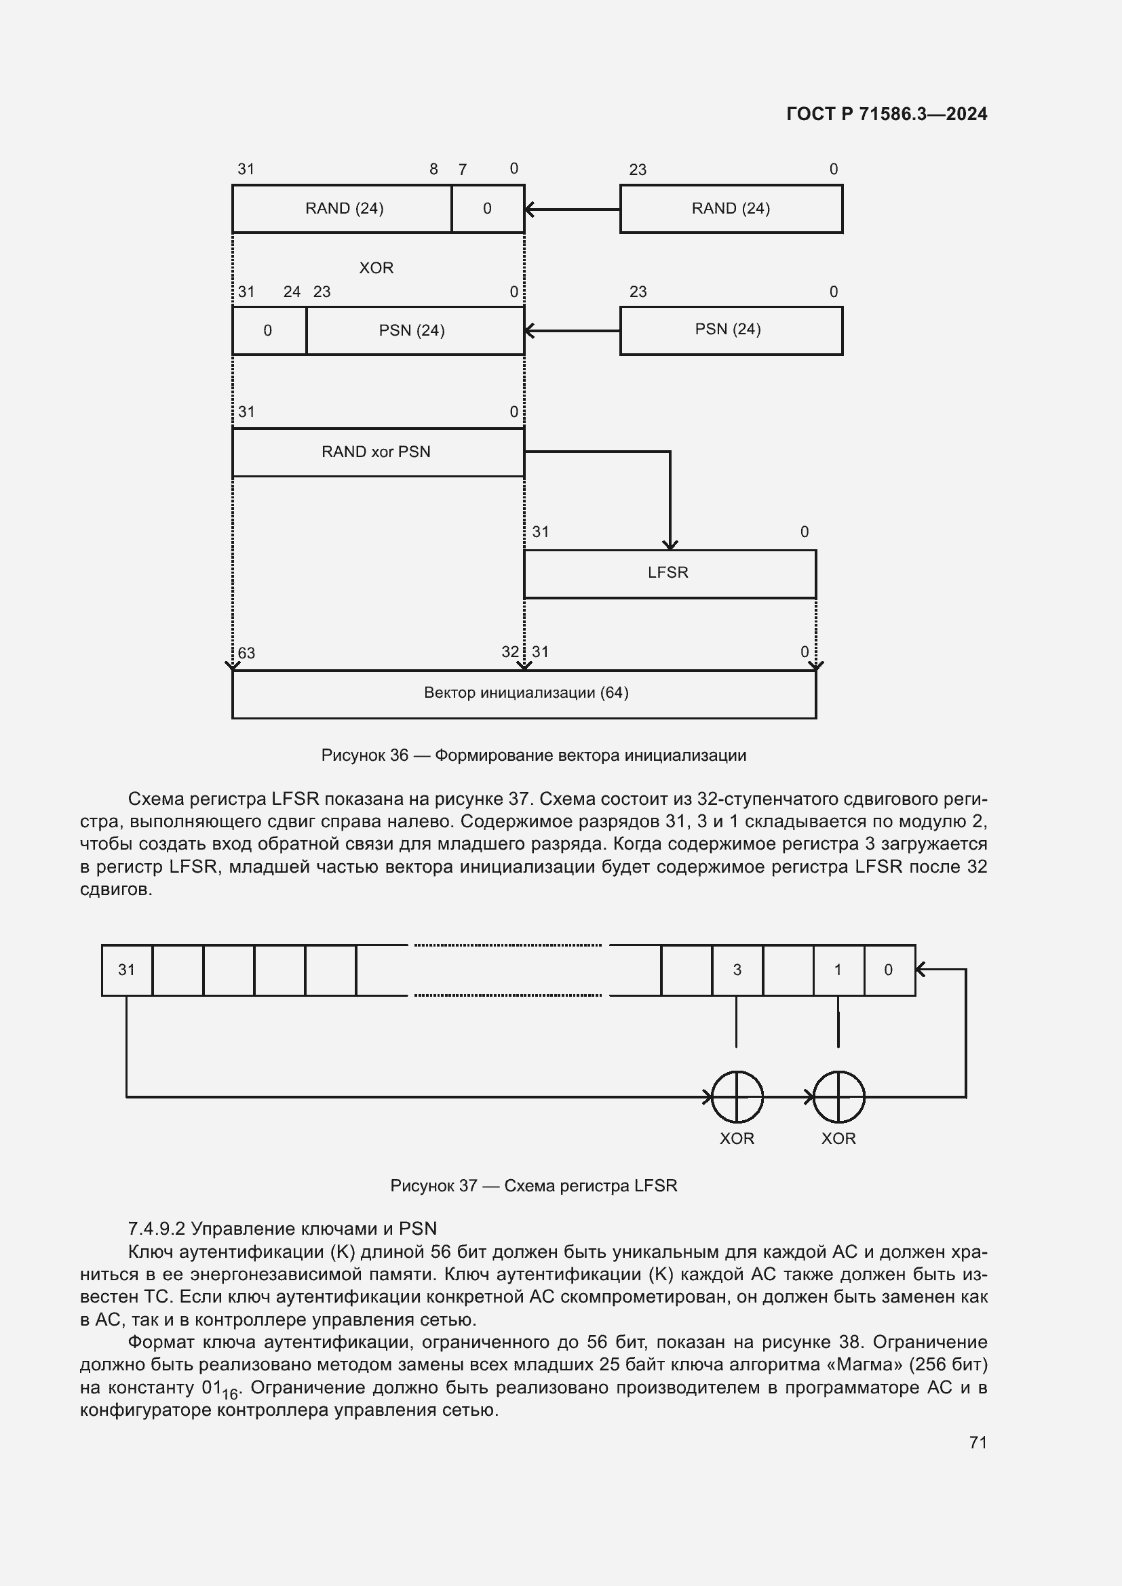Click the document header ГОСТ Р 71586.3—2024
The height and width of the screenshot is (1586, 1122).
coord(887,114)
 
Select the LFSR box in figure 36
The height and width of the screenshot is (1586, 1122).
coord(669,574)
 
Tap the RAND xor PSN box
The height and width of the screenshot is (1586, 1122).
coord(377,452)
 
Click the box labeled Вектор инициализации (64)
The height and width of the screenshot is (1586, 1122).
coord(525,694)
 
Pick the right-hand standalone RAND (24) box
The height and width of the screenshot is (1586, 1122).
coord(731,209)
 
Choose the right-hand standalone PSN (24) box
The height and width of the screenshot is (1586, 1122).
coord(731,330)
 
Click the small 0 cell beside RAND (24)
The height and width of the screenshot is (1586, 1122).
coord(488,209)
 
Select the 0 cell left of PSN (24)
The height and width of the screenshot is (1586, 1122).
coord(269,331)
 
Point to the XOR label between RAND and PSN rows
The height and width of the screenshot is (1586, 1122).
coord(376,268)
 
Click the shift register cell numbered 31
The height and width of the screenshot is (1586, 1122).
coord(127,970)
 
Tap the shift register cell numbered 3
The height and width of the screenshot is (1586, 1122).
coord(737,970)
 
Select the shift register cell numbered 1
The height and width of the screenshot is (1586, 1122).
coord(838,970)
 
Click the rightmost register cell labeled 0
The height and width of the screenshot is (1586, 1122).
coord(889,970)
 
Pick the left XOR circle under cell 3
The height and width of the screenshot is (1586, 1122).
coord(737,1097)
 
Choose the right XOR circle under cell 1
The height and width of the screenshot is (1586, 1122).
coord(838,1097)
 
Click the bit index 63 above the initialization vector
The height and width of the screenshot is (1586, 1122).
coord(247,654)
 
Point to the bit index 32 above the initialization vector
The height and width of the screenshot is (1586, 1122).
coord(510,652)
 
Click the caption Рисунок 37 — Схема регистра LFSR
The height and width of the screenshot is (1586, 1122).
coord(533,1186)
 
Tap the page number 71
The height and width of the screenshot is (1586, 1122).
coord(978,1442)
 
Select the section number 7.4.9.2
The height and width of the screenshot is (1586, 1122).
coord(156,1229)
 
